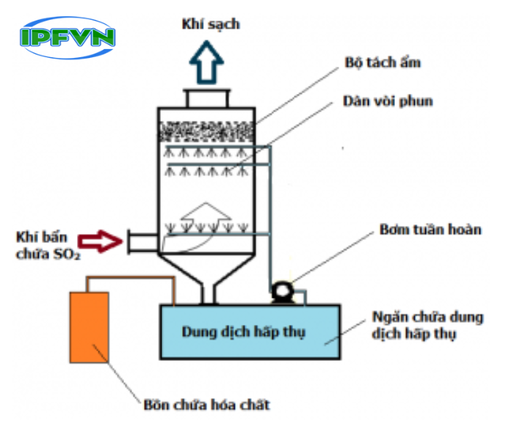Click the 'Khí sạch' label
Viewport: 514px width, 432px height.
click(211, 25)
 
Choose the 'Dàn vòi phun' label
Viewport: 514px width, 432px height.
click(388, 101)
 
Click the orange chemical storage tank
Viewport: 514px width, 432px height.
click(90, 328)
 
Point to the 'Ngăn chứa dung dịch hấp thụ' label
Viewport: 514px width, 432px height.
click(426, 326)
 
